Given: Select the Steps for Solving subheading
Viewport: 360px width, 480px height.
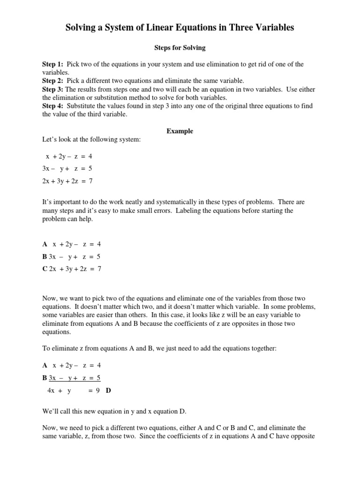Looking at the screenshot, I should coord(180,48).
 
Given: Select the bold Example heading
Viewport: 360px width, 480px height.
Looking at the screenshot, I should coord(180,131).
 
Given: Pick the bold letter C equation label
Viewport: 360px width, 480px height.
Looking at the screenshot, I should coord(45,269).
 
